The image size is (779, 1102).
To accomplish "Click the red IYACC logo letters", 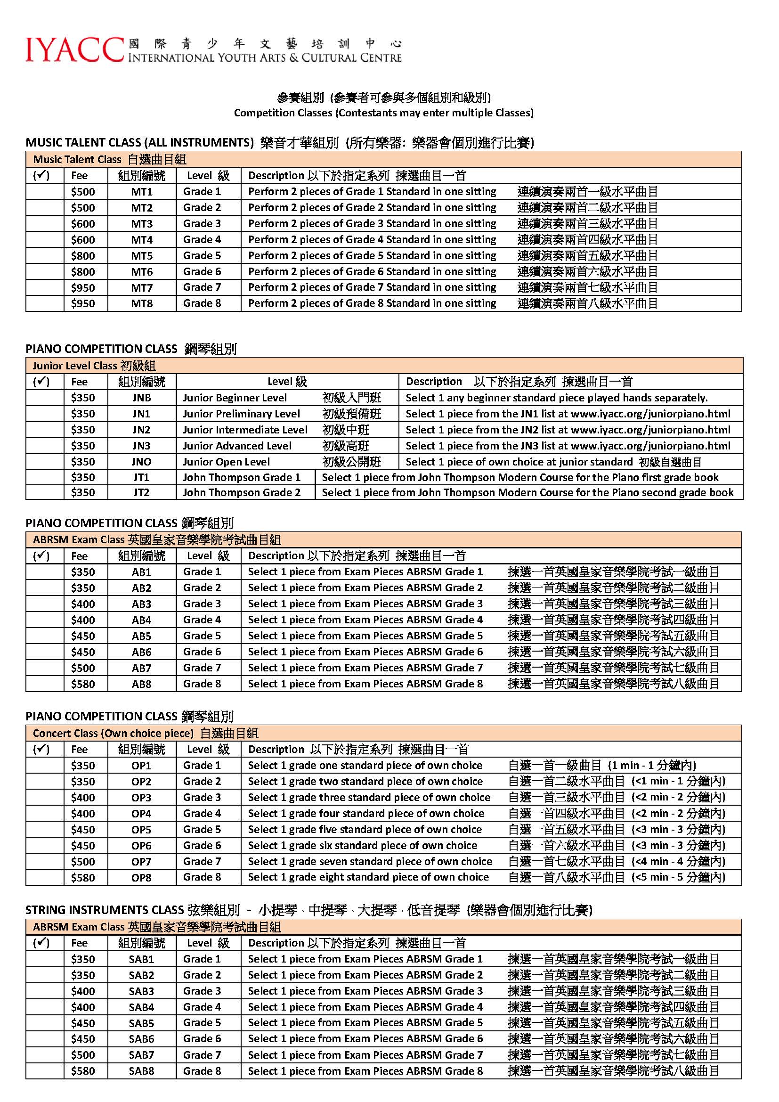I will pos(74,49).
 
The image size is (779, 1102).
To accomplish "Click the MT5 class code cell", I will pos(141,256).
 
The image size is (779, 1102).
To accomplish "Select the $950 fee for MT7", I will pos(83,287).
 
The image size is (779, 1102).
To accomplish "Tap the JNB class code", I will pos(141,398).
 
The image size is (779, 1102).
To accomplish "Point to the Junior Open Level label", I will pos(227,462).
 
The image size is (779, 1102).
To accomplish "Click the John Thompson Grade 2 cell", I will pos(242,492).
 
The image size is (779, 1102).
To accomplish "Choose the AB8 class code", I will pos(141,684).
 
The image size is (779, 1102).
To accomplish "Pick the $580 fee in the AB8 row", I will pos(83,684).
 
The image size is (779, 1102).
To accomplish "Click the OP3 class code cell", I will pos(141,798).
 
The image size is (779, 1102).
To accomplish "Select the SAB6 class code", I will pos(141,1039).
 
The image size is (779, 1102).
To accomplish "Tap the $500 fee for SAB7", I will pos(83,1055).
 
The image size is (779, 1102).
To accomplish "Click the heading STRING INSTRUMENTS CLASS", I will pos(105,910).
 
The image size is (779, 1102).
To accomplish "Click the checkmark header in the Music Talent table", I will pos(41,176).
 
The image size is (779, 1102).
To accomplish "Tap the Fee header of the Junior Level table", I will pos(79,382).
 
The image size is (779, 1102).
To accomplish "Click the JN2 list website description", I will pos(568,430).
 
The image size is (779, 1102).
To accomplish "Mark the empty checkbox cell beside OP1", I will pos(45,766).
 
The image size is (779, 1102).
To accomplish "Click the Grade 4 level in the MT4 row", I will pos(202,239).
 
